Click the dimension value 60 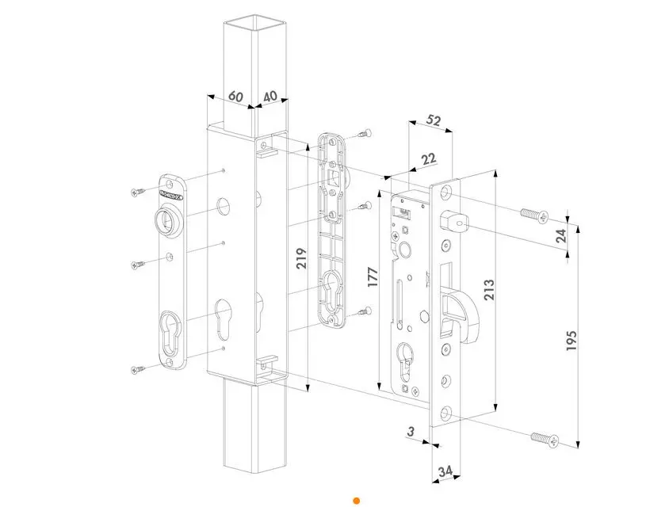(x=235, y=96)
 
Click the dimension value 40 (x=269, y=96)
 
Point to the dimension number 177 (x=373, y=276)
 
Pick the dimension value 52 (x=434, y=120)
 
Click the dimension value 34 (x=445, y=473)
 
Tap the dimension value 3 (x=410, y=432)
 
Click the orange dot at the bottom (x=357, y=501)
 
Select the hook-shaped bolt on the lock (x=457, y=317)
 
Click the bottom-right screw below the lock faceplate (x=543, y=436)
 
